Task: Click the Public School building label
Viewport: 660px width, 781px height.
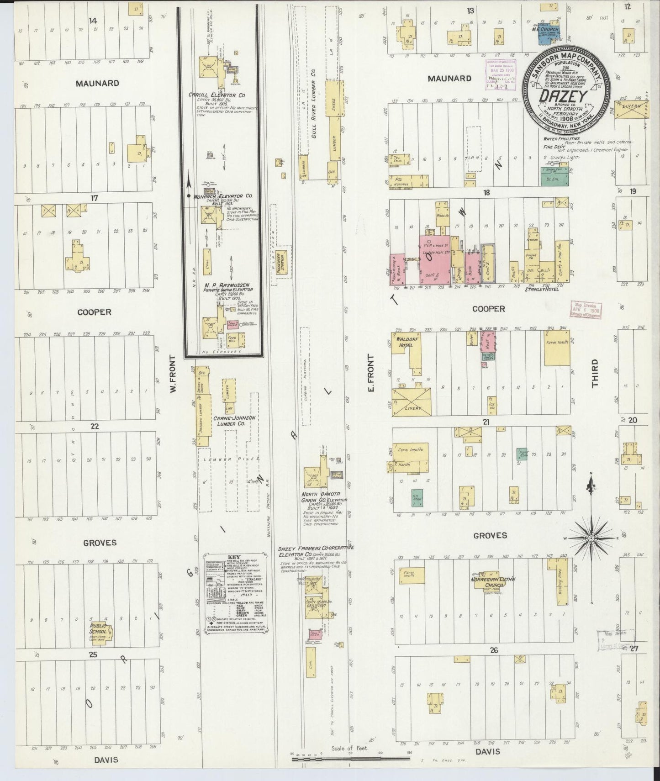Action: (98, 628)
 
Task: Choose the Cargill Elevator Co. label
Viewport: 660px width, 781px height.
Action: (217, 95)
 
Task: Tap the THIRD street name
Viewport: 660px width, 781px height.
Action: (594, 374)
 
